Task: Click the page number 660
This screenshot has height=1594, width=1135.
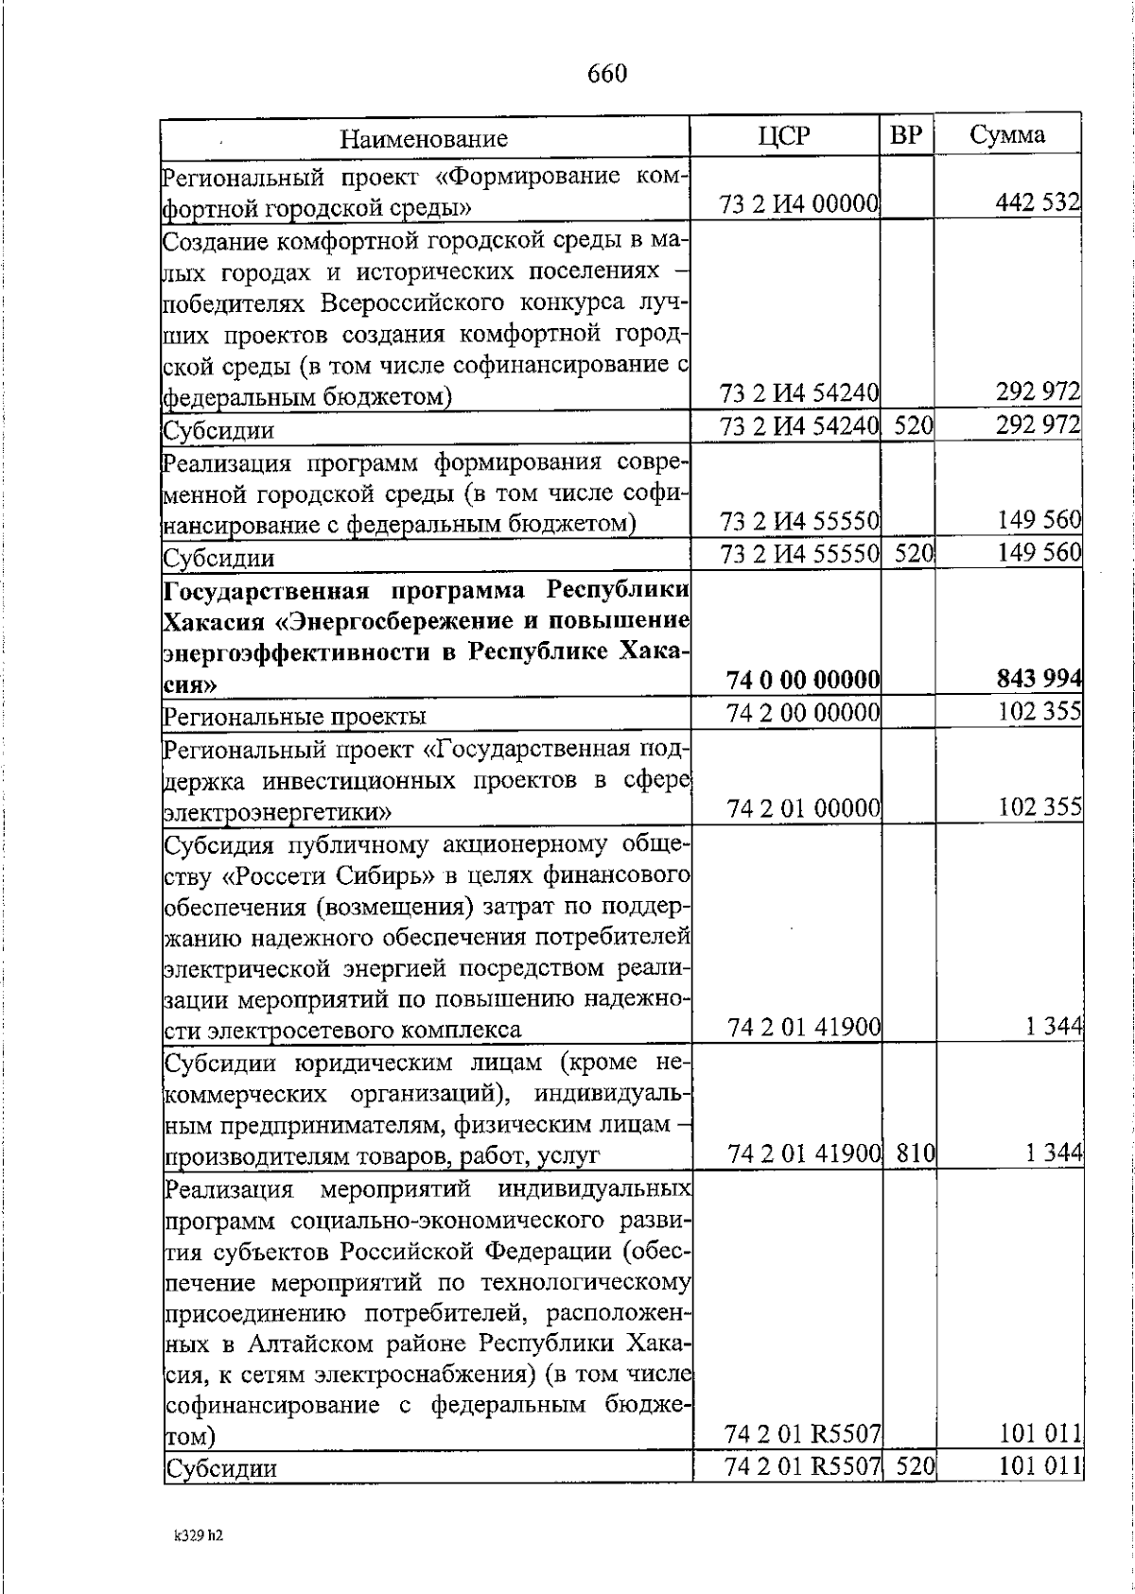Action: (606, 74)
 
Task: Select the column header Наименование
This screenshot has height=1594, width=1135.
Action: (424, 139)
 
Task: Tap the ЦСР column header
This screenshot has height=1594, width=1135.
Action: (784, 135)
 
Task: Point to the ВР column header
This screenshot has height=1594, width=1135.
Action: (906, 135)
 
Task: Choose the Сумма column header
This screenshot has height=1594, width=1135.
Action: (1007, 134)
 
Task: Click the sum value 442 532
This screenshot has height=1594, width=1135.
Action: (1037, 202)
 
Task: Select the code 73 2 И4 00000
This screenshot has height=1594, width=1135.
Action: (800, 203)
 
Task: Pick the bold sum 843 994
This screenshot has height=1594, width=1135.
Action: (1038, 679)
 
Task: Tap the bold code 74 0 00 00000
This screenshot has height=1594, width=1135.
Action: (803, 680)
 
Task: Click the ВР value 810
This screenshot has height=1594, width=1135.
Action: (914, 1152)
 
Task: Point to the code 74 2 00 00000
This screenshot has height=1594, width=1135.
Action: (804, 713)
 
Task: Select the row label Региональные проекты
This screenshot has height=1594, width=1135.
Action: (295, 716)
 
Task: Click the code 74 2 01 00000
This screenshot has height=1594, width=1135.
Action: (804, 808)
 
